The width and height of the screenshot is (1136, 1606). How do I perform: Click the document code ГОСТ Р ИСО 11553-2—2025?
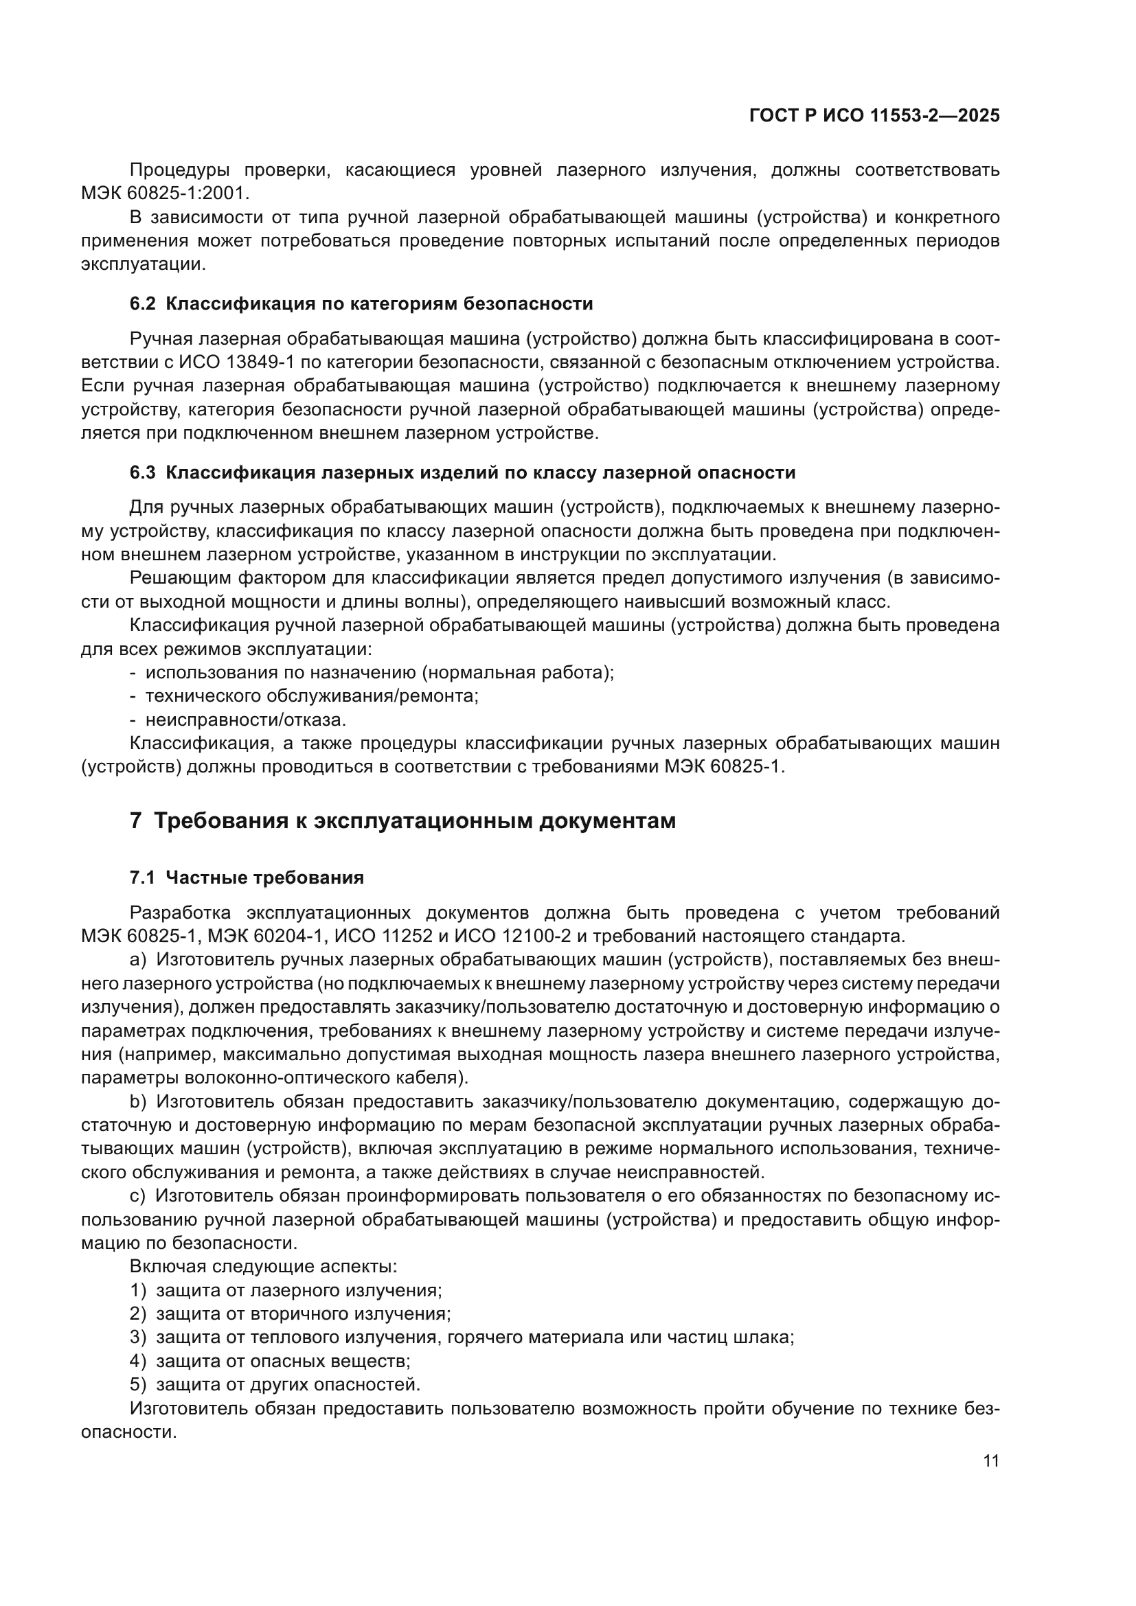pos(874,115)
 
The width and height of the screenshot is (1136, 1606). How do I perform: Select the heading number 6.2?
pos(143,303)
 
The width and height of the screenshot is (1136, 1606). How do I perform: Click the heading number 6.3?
pos(143,472)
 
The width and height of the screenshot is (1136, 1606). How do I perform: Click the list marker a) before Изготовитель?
pos(138,960)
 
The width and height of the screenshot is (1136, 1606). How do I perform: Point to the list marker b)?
pos(138,1101)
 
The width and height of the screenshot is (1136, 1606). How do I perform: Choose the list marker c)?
pos(138,1196)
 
